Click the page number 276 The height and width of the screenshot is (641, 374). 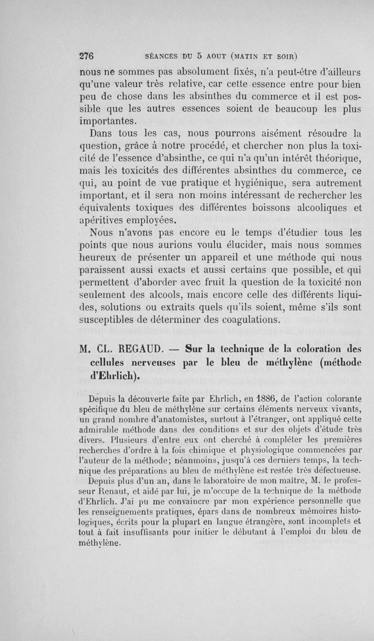tap(86, 55)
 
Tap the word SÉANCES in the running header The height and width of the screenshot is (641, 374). tap(163, 55)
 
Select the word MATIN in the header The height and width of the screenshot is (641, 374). tap(246, 55)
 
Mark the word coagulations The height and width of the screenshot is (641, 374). tap(259, 321)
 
